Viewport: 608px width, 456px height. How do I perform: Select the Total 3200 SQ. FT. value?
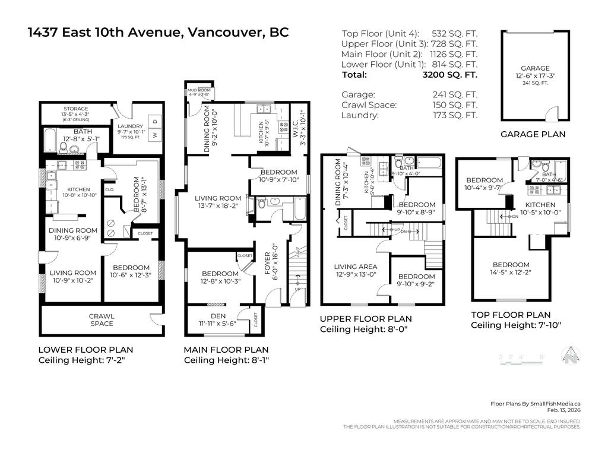point(449,75)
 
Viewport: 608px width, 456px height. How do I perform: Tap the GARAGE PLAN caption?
point(533,134)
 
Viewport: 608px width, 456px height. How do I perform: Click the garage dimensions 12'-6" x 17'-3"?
point(535,76)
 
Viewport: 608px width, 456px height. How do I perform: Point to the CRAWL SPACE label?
point(102,320)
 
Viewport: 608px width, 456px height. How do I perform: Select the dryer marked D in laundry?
point(155,121)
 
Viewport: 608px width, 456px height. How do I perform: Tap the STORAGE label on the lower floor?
point(76,109)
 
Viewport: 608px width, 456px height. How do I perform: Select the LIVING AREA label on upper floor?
point(355,267)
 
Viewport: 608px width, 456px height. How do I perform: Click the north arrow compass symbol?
point(571,354)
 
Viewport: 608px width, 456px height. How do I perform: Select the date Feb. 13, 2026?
point(563,410)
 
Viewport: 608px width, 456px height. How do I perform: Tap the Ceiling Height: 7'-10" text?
point(515,325)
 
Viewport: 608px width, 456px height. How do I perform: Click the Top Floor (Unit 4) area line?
point(410,33)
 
